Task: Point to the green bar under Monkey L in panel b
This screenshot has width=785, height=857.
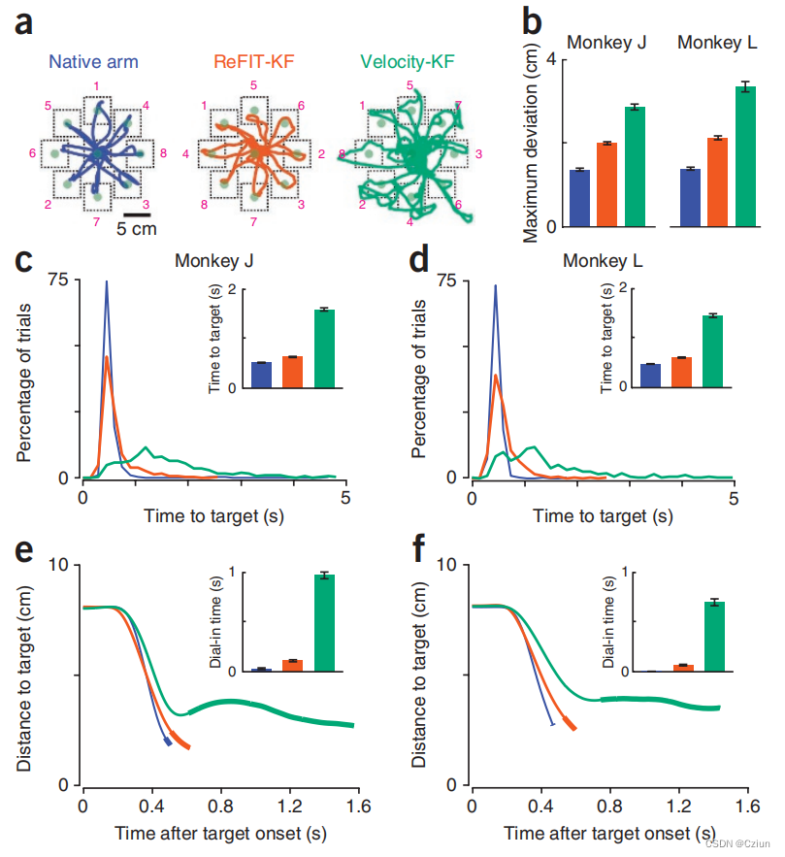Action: [x=745, y=156]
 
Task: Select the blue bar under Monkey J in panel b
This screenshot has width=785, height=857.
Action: [x=579, y=198]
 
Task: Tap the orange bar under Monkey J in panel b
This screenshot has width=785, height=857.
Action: [x=606, y=184]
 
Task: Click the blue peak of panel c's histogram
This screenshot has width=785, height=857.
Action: [x=106, y=283]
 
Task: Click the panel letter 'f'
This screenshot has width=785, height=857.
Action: [x=419, y=549]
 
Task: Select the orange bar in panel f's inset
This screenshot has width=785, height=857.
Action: [x=683, y=668]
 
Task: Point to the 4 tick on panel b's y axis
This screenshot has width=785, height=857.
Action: [x=556, y=60]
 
